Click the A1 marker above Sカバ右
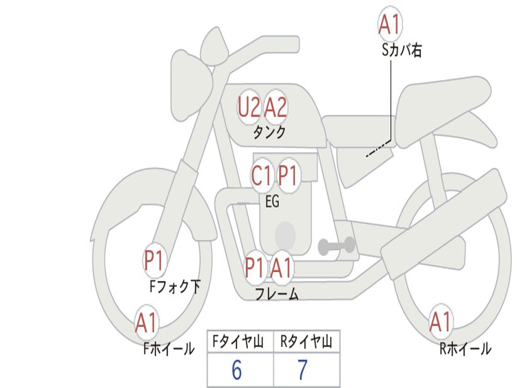coord(390,24)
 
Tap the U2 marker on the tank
coord(249,107)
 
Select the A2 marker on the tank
coord(276,107)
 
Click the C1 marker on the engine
coord(262,176)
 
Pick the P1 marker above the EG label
coord(288,176)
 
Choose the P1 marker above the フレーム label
coord(254,268)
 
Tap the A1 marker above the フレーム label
coord(281,268)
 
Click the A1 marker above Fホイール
coord(146,323)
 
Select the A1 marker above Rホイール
coord(440,322)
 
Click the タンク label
coord(269,132)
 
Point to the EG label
coord(272,202)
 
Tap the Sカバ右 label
coord(402,51)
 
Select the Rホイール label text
coord(465,349)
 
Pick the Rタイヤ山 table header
coord(306,343)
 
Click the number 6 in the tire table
coord(236,371)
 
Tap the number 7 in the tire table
coord(302,371)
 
